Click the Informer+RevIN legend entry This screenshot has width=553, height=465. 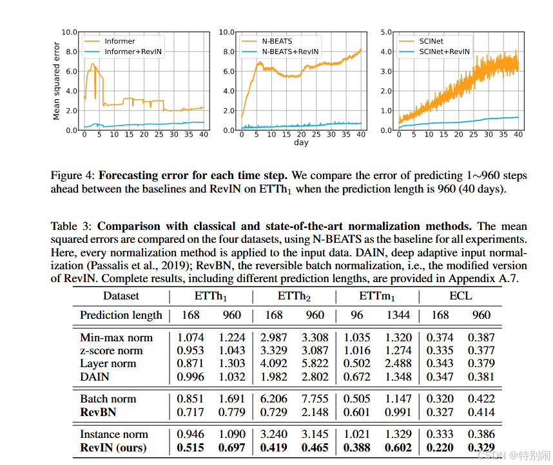pyautogui.click(x=133, y=52)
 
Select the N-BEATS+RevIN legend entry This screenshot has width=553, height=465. pyautogui.click(x=289, y=52)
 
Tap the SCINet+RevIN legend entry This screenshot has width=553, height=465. pyautogui.click(x=444, y=52)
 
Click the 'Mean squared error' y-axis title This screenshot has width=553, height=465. pyautogui.click(x=57, y=81)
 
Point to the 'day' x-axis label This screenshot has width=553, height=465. pyautogui.click(x=301, y=142)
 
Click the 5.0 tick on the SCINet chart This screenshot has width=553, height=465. pyautogui.click(x=387, y=32)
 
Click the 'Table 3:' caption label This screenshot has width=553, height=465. pyautogui.click(x=72, y=226)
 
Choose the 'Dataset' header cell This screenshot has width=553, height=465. pyautogui.click(x=121, y=296)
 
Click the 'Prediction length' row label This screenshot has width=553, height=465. pyautogui.click(x=121, y=315)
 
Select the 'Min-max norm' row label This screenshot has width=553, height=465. pyautogui.click(x=117, y=337)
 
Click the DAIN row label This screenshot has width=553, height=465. pyautogui.click(x=95, y=376)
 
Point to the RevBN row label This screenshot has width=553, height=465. pyautogui.click(x=99, y=412)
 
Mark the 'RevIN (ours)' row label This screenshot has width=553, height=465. pyautogui.click(x=113, y=447)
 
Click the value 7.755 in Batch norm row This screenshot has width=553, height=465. pyautogui.click(x=315, y=399)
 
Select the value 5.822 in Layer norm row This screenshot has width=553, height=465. pyautogui.click(x=315, y=363)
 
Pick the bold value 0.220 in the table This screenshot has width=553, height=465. pyautogui.click(x=441, y=447)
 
